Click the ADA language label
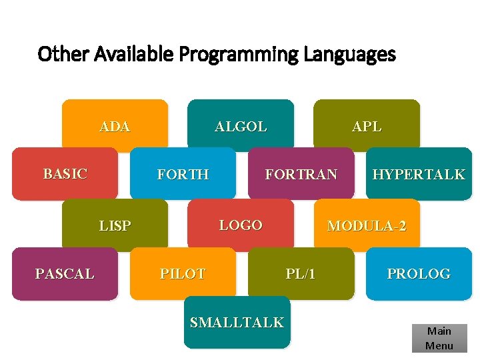click(x=115, y=127)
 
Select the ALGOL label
click(x=241, y=127)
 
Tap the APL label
click(x=367, y=127)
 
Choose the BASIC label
click(x=65, y=174)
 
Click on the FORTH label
click(x=183, y=175)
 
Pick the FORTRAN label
click(x=301, y=175)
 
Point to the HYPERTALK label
click(x=419, y=175)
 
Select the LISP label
click(x=115, y=226)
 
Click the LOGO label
click(x=241, y=225)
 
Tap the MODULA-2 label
click(x=367, y=226)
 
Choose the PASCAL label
click(x=65, y=273)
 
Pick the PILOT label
click(x=183, y=273)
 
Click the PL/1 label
click(x=301, y=273)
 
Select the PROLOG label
click(x=419, y=273)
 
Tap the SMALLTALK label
click(x=237, y=323)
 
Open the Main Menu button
click(x=439, y=338)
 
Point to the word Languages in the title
click(x=349, y=54)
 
